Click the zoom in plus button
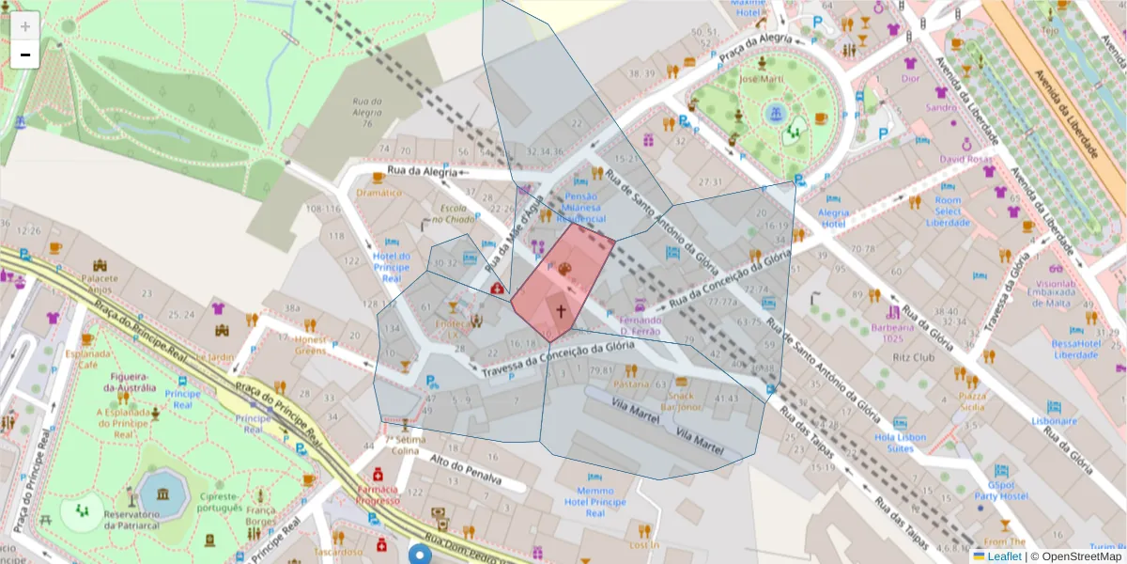(24, 25)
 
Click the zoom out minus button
(24, 55)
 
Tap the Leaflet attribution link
(1003, 556)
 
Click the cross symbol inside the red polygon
(561, 310)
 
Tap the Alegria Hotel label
(833, 218)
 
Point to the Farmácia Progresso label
(378, 494)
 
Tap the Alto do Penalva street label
(464, 469)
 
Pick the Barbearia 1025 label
(893, 333)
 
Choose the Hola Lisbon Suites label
(900, 443)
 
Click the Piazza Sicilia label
(972, 401)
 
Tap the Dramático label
(379, 193)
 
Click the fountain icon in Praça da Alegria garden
(775, 114)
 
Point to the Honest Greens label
(311, 345)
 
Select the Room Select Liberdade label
(948, 211)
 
